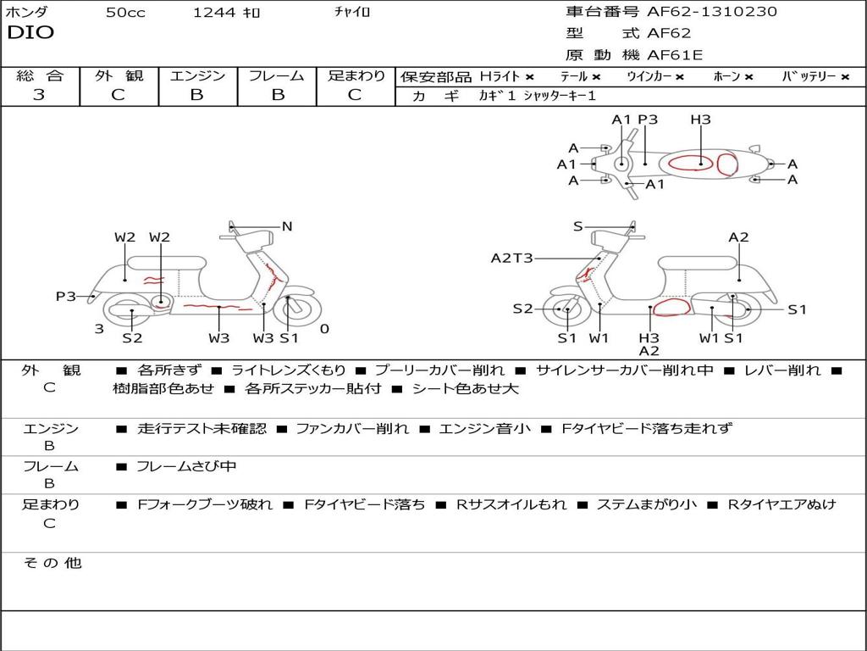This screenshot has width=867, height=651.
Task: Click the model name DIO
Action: (30, 33)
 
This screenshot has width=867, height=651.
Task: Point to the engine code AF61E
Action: (675, 55)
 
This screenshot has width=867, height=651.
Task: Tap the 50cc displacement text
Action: (125, 13)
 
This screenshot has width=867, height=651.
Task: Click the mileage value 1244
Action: (214, 13)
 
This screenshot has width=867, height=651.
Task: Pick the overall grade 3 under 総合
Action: (39, 95)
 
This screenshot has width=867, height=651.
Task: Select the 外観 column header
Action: (119, 75)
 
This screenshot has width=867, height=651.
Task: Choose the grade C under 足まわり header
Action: (355, 95)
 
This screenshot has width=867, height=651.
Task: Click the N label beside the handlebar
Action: (287, 226)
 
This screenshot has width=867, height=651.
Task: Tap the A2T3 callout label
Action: (511, 258)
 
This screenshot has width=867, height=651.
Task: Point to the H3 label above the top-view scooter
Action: (700, 120)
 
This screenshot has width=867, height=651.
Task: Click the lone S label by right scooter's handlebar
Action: (577, 226)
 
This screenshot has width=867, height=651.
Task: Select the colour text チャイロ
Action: (352, 13)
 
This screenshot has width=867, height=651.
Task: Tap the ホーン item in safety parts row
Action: (732, 76)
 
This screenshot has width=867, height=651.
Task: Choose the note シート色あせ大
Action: (465, 389)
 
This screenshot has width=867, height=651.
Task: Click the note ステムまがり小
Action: (647, 504)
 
